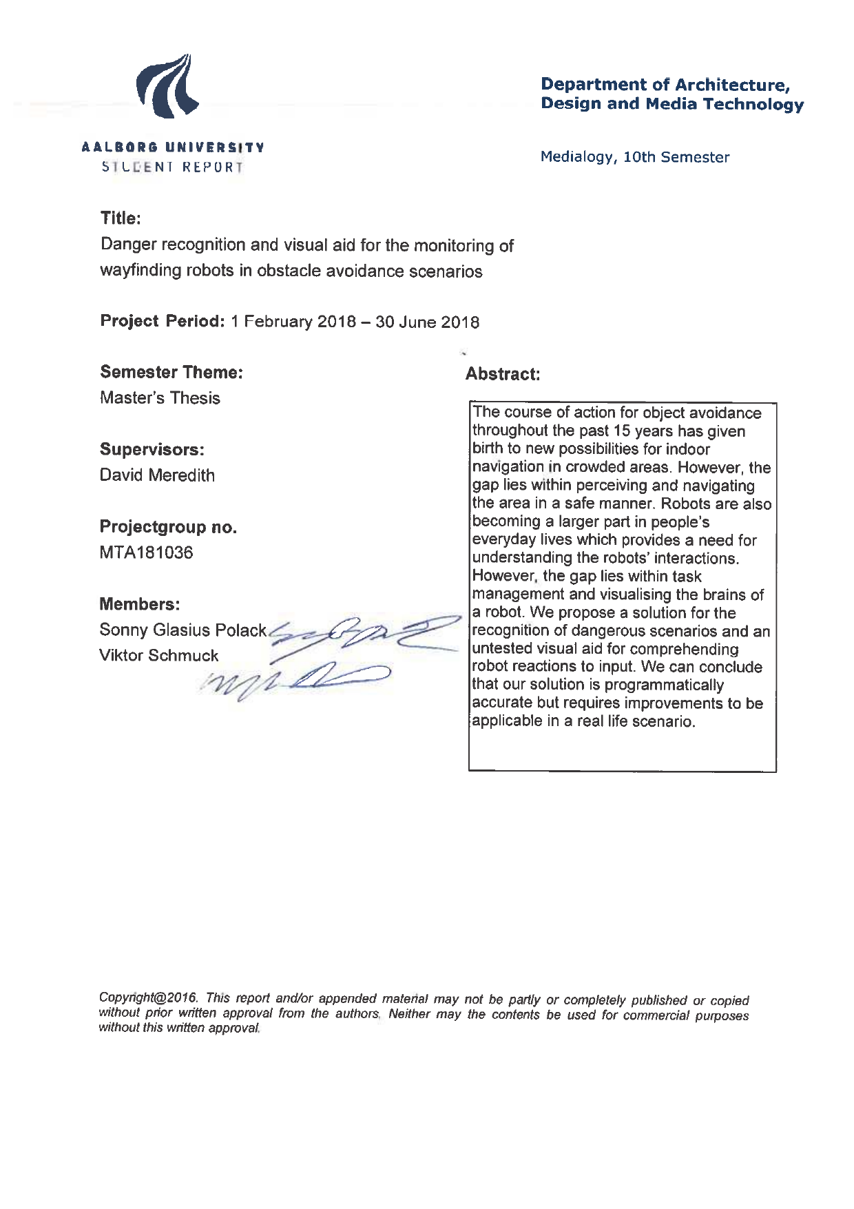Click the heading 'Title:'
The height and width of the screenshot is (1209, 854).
point(121,218)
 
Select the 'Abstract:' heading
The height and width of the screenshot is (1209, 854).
point(502,374)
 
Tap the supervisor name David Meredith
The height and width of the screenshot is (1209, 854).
point(157,475)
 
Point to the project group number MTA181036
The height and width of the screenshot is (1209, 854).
point(146,552)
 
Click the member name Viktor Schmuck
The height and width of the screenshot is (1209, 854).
point(158,655)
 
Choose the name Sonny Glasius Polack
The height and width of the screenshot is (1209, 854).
point(183,630)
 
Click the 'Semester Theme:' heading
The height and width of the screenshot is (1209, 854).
point(171,372)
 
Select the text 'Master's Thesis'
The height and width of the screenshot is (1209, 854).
point(160,397)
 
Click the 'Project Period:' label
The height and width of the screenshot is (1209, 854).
point(163,321)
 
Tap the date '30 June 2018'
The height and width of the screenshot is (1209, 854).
point(427,322)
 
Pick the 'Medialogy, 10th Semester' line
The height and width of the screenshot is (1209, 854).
point(634,157)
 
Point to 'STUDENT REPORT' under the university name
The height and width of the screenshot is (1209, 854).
point(172,167)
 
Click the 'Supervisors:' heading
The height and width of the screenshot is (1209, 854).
point(152,449)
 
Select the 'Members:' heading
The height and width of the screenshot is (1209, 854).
point(140,604)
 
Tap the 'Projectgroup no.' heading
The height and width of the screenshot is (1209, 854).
point(168,527)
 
